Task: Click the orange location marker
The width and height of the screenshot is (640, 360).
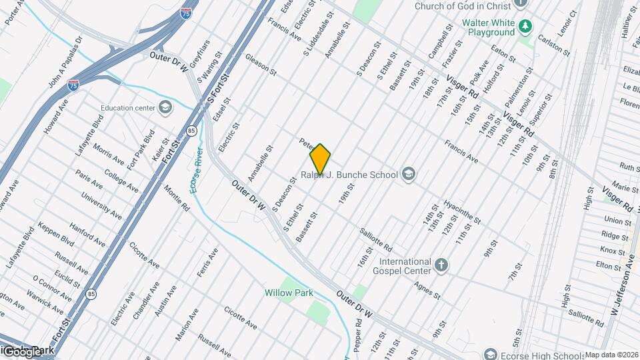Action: click(320, 159)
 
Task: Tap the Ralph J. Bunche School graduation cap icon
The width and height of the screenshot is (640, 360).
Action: click(409, 175)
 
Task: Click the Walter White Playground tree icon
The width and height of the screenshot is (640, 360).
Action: click(526, 26)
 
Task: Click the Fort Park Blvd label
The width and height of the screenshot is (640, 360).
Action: click(141, 145)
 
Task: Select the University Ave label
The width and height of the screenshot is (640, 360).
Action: click(101, 205)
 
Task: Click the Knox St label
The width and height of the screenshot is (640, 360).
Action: click(607, 250)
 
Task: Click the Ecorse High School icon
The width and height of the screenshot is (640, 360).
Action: click(491, 353)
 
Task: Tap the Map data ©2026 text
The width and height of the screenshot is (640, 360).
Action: click(611, 355)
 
